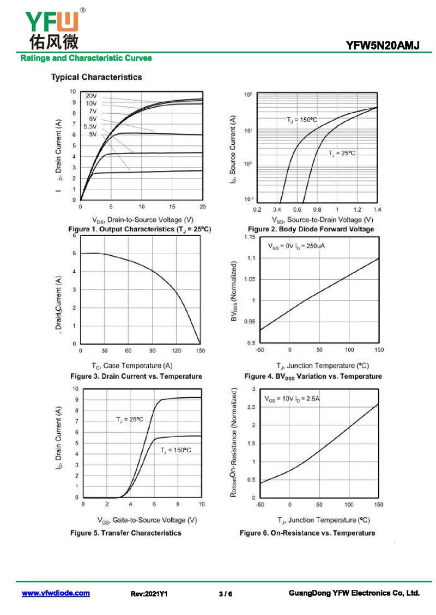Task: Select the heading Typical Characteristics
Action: click(96, 77)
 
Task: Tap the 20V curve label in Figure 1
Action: click(90, 96)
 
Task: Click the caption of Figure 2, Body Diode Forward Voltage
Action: click(311, 229)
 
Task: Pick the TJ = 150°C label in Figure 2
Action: click(302, 119)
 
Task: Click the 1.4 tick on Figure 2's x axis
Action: click(377, 210)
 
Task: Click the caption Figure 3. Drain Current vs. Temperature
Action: click(136, 376)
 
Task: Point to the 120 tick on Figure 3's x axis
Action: click(177, 351)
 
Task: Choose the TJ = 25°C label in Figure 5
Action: click(129, 420)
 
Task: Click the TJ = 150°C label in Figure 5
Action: click(176, 451)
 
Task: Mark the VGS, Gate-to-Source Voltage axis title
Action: click(147, 520)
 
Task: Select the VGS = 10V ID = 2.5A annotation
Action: click(292, 399)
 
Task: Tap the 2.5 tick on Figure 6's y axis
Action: click(251, 407)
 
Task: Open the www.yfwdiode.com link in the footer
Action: click(56, 593)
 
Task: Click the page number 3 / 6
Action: click(226, 594)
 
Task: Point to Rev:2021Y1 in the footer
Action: click(149, 594)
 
